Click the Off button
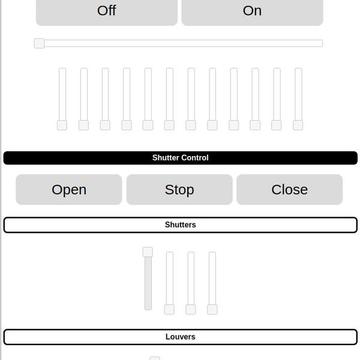coord(107,11)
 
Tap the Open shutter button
coord(69,190)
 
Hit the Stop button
coord(179,190)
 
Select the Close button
coord(289,190)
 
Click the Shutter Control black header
coord(180,158)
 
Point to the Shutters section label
coord(180,225)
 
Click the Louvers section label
coord(180,337)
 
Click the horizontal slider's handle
coord(39,43)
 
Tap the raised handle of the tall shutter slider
coord(148,252)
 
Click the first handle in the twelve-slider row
coord(62,125)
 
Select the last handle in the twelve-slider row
coord(298,125)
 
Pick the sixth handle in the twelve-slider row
coord(169,125)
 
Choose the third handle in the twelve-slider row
coord(105,125)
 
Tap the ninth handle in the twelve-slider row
coord(234,125)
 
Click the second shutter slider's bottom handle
coord(169,309)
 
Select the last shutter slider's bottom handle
coord(212,309)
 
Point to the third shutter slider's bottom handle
coord(191,309)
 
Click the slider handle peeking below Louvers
coord(155,358)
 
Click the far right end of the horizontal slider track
coord(321,43)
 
